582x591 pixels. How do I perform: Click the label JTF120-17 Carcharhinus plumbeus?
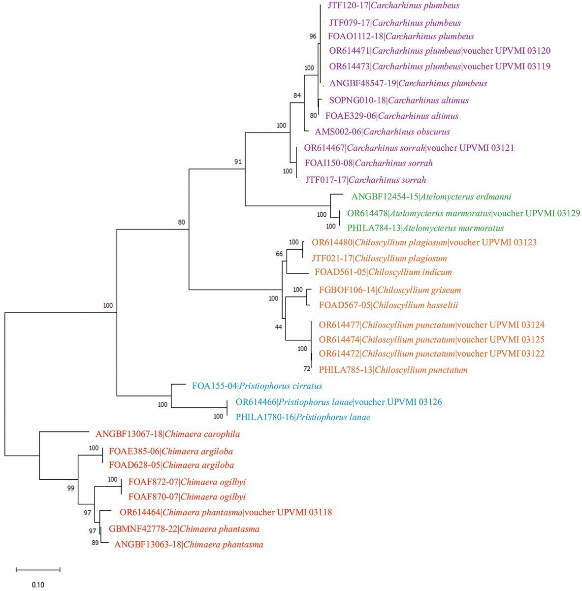pos(393,6)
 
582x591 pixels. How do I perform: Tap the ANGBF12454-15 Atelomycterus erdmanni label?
pos(431,197)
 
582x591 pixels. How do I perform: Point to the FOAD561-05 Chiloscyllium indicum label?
pos(383,272)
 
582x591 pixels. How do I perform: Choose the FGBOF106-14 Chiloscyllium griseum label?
pos(390,290)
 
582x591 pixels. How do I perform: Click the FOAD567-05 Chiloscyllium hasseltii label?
pos(388,305)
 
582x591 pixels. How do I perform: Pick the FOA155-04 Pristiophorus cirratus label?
pos(257,386)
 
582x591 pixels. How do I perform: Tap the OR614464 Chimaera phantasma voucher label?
pos(226,513)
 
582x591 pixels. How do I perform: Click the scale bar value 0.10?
pos(38,585)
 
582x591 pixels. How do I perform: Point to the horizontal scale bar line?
pos(38,570)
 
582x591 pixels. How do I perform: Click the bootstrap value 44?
pos(279,327)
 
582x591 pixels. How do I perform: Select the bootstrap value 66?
pos(279,254)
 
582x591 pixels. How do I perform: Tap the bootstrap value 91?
pos(238,162)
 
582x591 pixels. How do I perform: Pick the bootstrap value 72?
pos(306,368)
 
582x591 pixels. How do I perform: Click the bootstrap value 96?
pos(313,36)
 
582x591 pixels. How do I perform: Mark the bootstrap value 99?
pos(71,488)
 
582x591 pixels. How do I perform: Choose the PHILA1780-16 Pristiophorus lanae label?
pos(303,418)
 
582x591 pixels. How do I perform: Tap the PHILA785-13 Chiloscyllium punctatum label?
pos(393,370)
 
